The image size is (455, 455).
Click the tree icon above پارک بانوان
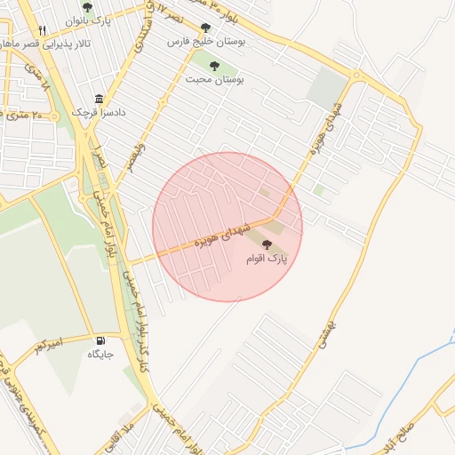86,7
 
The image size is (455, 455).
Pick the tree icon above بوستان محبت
213,65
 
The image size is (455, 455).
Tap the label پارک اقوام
267,259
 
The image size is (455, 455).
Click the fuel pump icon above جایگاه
100,341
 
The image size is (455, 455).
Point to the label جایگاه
100,355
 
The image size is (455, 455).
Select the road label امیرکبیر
48,342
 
